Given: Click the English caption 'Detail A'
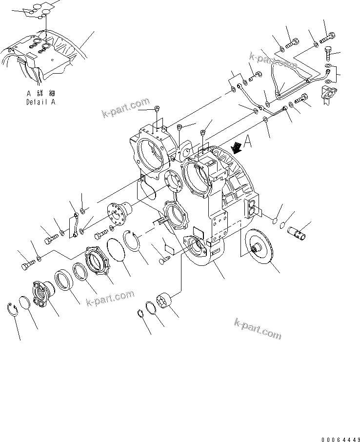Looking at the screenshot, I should (40, 102).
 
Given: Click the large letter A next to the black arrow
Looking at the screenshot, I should (248, 141).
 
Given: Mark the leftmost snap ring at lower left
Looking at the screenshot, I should (15, 309).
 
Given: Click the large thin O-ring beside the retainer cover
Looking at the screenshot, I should (118, 250).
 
